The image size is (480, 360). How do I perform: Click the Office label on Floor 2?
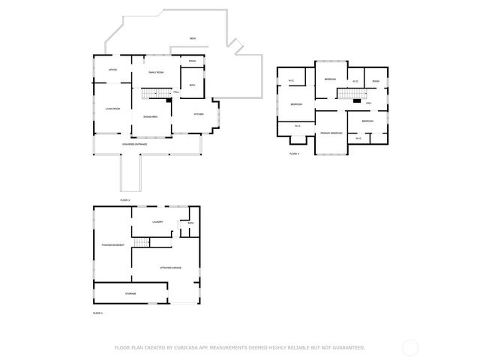click(112, 70)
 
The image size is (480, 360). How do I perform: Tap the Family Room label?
click(156, 72)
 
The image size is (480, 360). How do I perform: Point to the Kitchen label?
click(199, 114)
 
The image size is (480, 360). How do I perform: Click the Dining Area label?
click(151, 117)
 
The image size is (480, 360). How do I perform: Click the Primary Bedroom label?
click(331, 133)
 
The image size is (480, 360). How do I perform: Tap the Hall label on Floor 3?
click(369, 103)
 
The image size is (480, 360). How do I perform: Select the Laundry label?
click(157, 222)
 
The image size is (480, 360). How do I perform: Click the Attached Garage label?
click(172, 267)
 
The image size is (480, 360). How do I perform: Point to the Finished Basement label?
click(112, 245)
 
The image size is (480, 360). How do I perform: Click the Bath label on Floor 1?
click(190, 223)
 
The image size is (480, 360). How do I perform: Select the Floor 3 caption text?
click(294, 153)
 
